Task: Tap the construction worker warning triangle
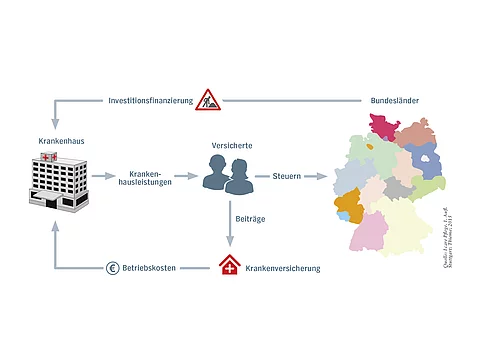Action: point(209,99)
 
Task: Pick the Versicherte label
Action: point(231,146)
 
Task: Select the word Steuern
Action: point(287,176)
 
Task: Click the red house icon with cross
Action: point(230,266)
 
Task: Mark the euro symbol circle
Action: point(113,268)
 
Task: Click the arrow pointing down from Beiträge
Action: point(231,240)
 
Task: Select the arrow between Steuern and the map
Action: point(319,176)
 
